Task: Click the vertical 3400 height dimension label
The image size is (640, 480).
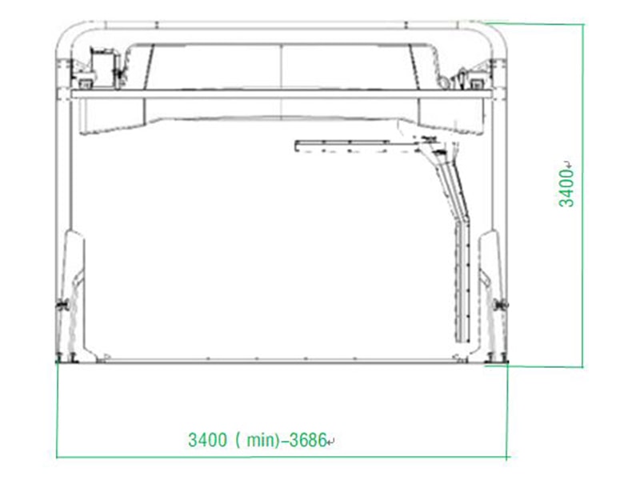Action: [x=566, y=189]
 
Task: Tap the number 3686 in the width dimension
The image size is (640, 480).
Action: [x=308, y=440]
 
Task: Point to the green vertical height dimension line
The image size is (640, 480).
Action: [x=583, y=195]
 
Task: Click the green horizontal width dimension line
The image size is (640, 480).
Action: [x=282, y=457]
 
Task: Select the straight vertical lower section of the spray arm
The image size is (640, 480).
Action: [x=462, y=282]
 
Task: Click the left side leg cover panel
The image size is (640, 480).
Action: [x=74, y=293]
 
